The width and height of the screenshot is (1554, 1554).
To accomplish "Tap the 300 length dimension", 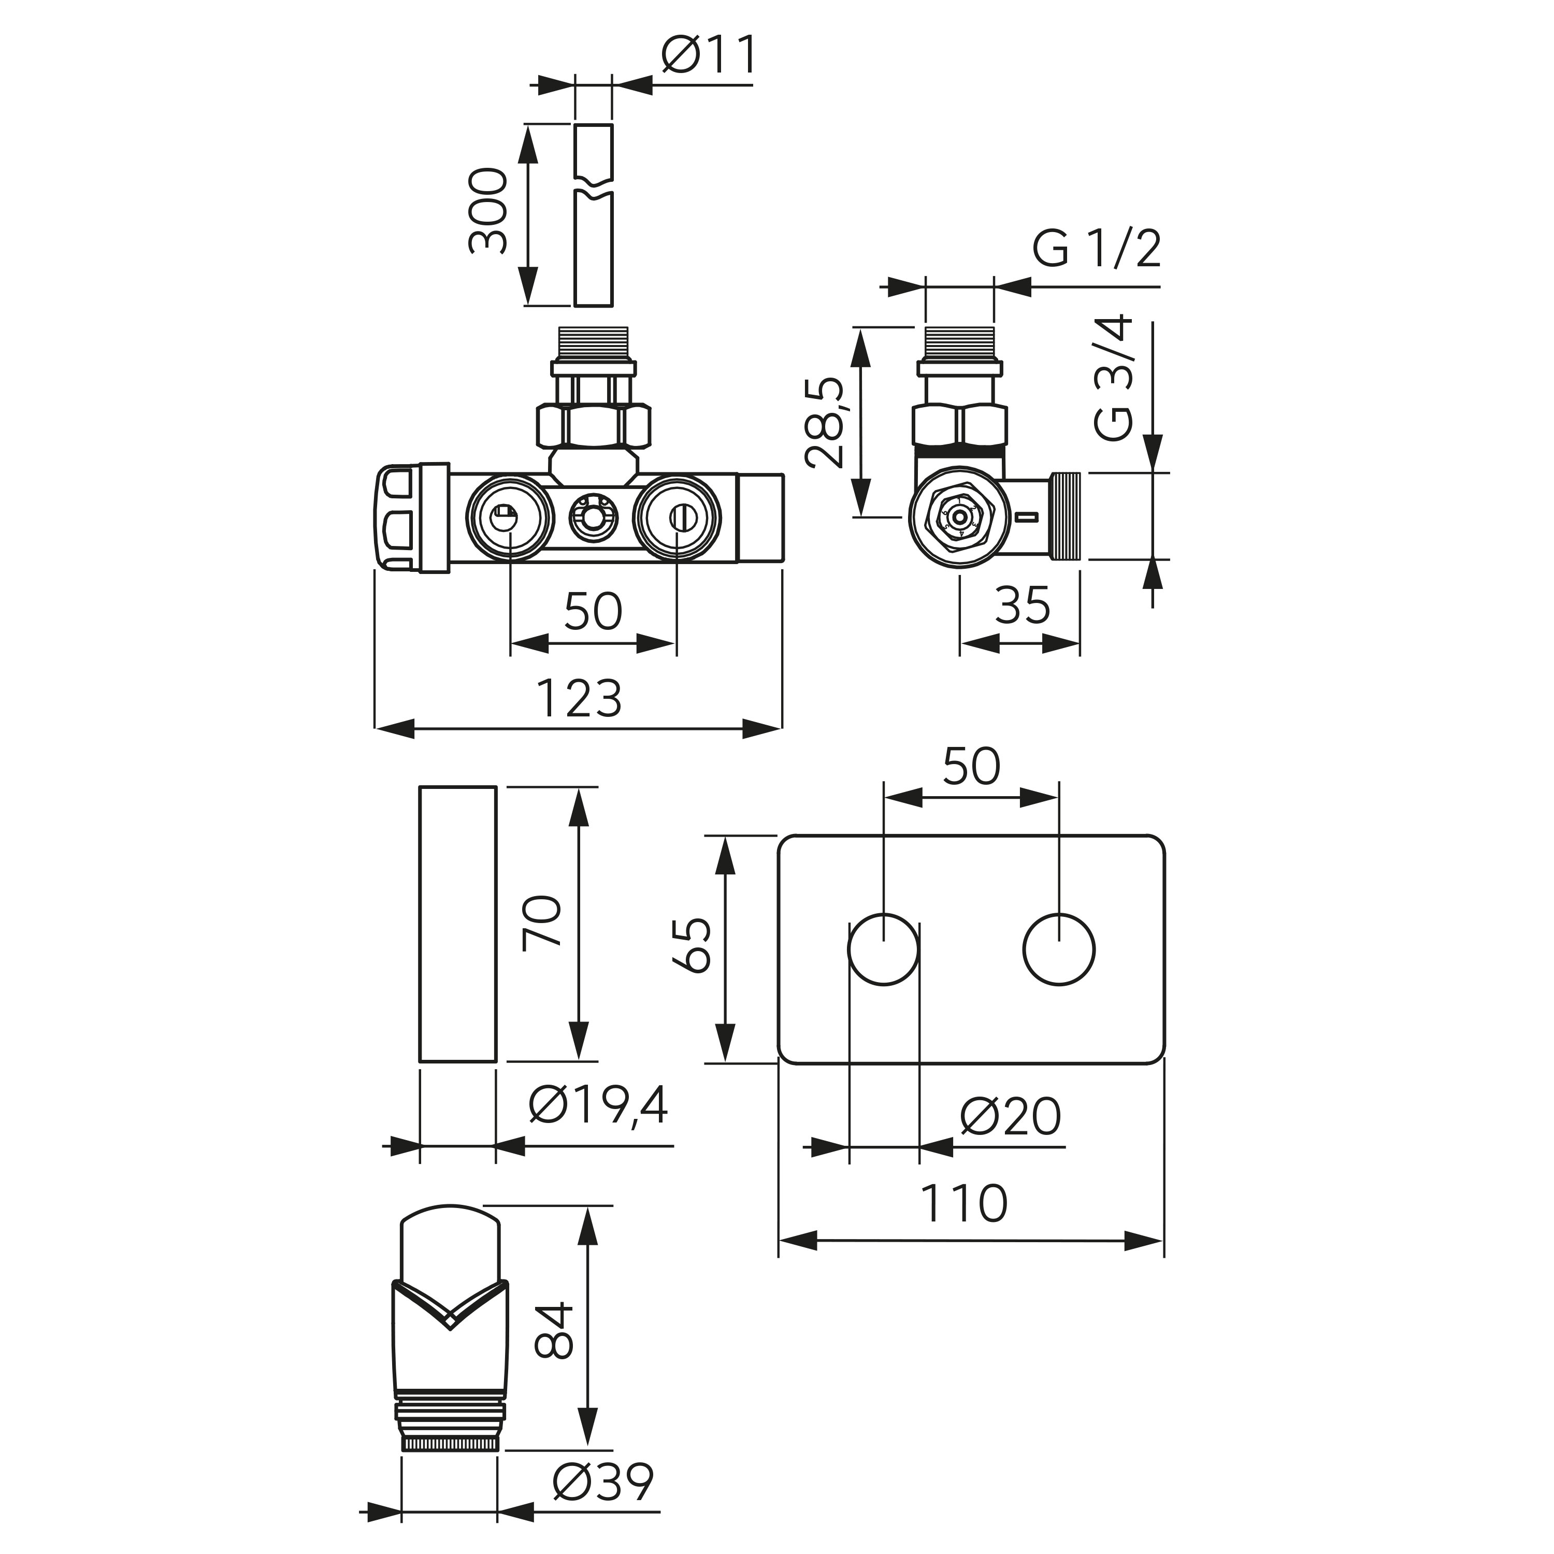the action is tap(489, 211).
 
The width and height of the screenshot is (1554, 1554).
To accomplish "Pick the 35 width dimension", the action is tap(1023, 605).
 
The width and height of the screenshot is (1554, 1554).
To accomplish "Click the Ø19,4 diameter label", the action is tap(598, 1106).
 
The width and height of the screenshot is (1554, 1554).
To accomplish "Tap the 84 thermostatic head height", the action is tap(554, 1330).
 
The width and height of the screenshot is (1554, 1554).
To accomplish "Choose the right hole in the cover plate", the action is tap(1059, 949).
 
